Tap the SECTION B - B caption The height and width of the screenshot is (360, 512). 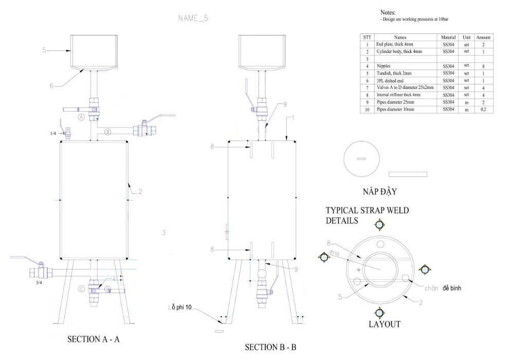pos(270,348)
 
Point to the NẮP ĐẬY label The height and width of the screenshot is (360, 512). pos(381,192)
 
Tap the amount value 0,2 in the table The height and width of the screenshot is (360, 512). pos(483,110)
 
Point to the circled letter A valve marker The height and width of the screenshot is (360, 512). pos(81,117)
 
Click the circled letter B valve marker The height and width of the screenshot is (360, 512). pos(108,132)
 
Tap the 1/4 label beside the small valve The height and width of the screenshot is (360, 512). pos(53,134)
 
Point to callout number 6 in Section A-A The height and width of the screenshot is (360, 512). pos(52,85)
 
